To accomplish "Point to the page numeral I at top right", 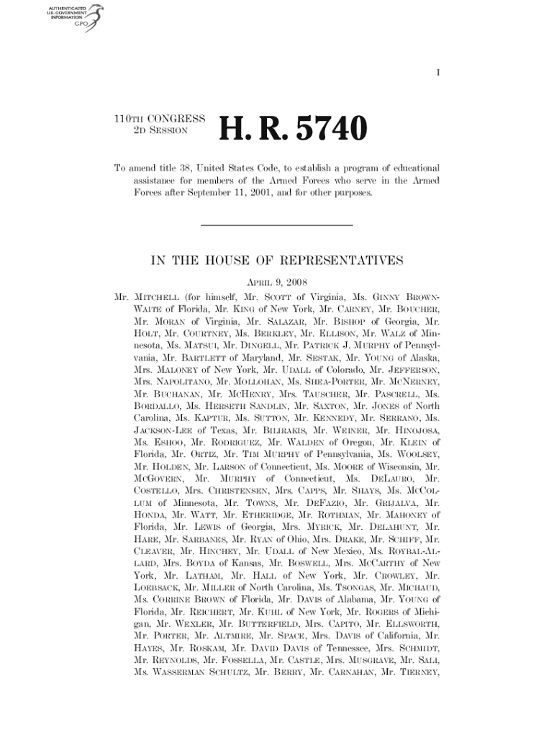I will (437, 73).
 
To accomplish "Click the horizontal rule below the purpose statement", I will (276, 227).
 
